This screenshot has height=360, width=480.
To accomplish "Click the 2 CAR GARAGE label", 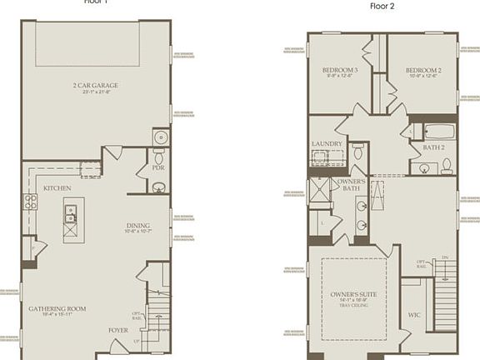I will [x=96, y=85].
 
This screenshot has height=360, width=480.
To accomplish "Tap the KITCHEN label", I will [x=57, y=188].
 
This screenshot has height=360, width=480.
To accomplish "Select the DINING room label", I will [x=138, y=225].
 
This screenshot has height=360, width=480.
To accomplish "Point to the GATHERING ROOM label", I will [x=57, y=309].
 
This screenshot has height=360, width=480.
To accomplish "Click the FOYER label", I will [x=117, y=329].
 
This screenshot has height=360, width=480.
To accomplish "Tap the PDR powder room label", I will [x=158, y=167].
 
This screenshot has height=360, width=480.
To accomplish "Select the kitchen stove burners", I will [x=29, y=201].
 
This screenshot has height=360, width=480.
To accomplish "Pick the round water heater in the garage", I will [x=160, y=137].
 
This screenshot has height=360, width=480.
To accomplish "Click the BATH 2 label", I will [x=434, y=147].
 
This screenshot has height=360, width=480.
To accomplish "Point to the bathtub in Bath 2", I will [x=438, y=131].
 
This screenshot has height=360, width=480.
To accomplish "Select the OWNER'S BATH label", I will [x=349, y=184].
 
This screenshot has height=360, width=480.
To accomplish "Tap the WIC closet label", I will [x=414, y=316].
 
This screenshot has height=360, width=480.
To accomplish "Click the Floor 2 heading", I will [x=382, y=5].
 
